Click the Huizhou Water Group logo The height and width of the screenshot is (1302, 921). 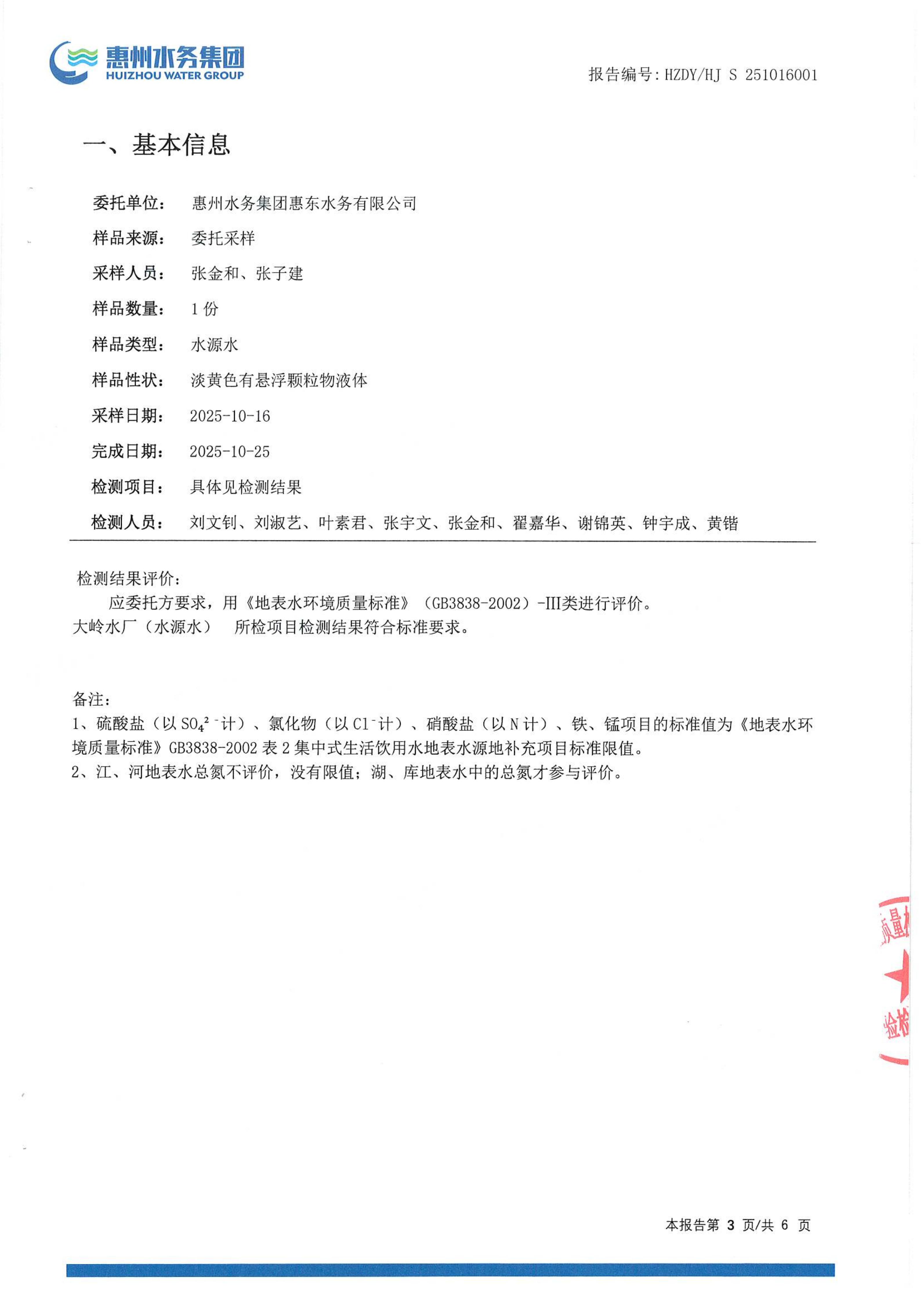click(x=146, y=62)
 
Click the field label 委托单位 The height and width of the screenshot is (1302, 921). click(x=128, y=203)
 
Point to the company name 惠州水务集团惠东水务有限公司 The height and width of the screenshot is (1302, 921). click(x=304, y=203)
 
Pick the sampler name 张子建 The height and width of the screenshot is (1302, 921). click(x=280, y=274)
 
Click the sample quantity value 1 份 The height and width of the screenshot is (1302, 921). click(x=204, y=309)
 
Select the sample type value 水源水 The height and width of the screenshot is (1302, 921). click(x=214, y=345)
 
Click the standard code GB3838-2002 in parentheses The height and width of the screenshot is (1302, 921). click(x=476, y=603)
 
